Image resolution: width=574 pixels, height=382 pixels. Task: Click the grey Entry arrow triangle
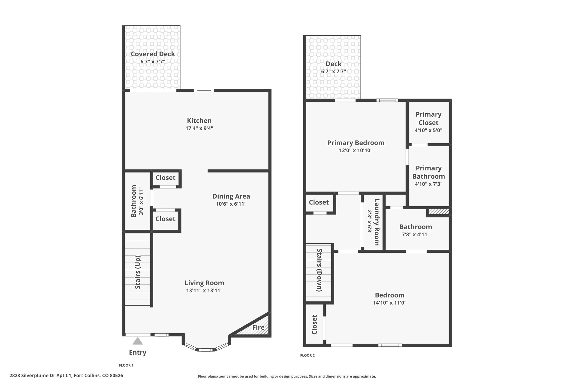click(137, 341)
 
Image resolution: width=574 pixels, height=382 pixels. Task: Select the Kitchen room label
click(199, 121)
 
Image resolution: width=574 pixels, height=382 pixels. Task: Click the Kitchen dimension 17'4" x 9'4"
click(199, 128)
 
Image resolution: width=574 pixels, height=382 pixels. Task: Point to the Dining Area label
click(231, 196)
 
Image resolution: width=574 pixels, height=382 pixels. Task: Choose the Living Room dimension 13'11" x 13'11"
click(204, 290)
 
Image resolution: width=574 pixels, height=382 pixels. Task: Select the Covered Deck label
click(153, 54)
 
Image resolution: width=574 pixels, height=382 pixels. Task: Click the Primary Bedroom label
click(356, 143)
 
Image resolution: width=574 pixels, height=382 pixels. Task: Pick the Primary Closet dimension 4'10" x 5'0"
click(429, 130)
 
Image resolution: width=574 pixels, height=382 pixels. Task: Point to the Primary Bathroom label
click(429, 172)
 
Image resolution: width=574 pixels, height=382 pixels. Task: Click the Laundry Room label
click(377, 222)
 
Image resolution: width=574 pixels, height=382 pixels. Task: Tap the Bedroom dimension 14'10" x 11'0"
click(390, 303)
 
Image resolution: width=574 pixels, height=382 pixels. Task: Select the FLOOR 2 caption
click(307, 355)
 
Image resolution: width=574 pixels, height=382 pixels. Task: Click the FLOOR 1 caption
click(126, 365)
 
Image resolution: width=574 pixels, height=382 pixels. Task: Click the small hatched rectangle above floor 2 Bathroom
click(439, 212)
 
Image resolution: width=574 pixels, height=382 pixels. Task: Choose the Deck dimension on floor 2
click(334, 71)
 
